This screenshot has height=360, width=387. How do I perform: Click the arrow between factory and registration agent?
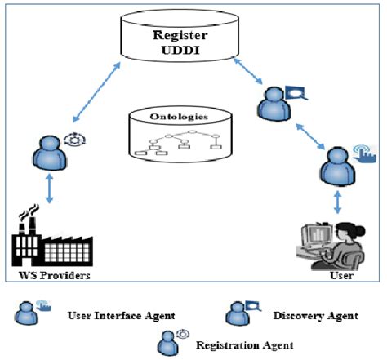click(50, 189)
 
